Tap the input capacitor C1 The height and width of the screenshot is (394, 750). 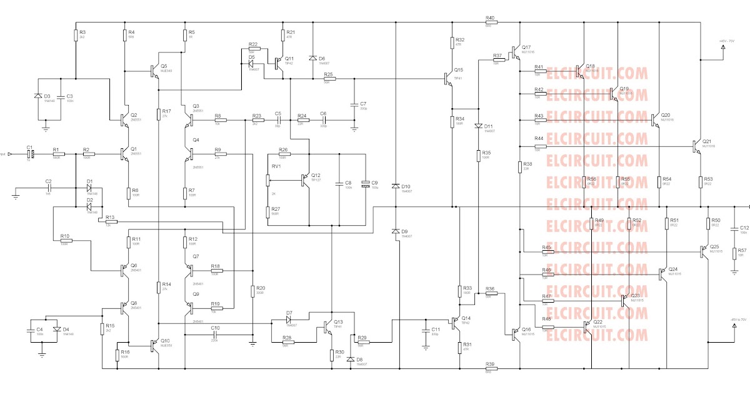point(29,153)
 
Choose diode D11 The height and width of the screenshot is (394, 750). point(478,126)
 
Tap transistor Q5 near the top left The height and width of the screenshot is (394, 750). point(154,71)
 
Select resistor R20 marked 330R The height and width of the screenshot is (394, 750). point(252,291)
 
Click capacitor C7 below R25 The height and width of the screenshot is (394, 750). point(354,103)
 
